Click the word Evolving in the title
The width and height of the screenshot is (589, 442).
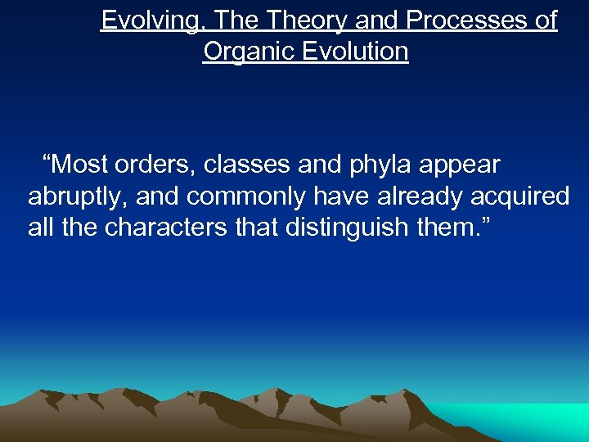click(x=148, y=20)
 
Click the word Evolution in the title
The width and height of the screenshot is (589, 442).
click(x=357, y=52)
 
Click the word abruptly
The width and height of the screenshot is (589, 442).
click(x=77, y=196)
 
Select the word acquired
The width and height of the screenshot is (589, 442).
click(x=522, y=196)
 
